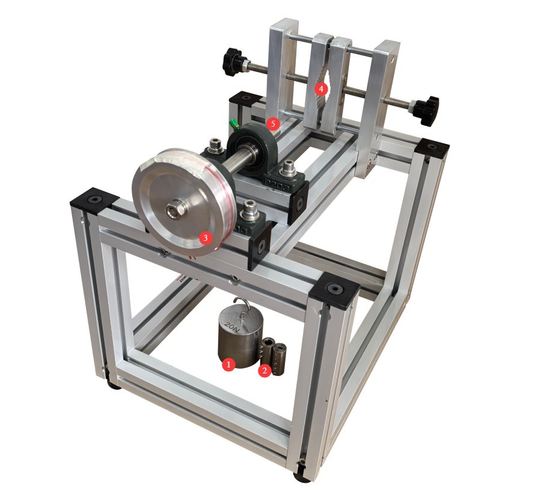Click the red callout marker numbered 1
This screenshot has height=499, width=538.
228,364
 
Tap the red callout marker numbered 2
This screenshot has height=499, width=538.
264,370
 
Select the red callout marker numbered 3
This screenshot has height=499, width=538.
206,238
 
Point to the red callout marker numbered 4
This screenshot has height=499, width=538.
321,89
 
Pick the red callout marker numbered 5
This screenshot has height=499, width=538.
273,124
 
